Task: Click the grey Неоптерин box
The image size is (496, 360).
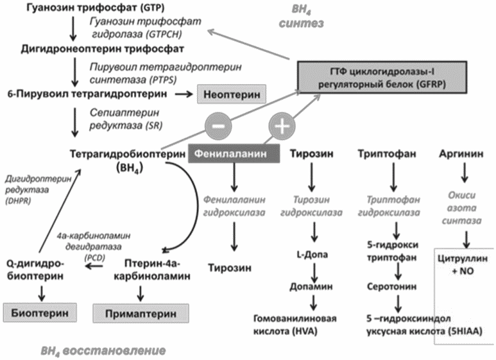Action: click(230, 94)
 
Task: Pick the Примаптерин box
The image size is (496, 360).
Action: click(135, 313)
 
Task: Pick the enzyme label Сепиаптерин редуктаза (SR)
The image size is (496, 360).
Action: click(117, 117)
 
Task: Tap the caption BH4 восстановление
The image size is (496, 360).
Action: click(103, 350)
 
